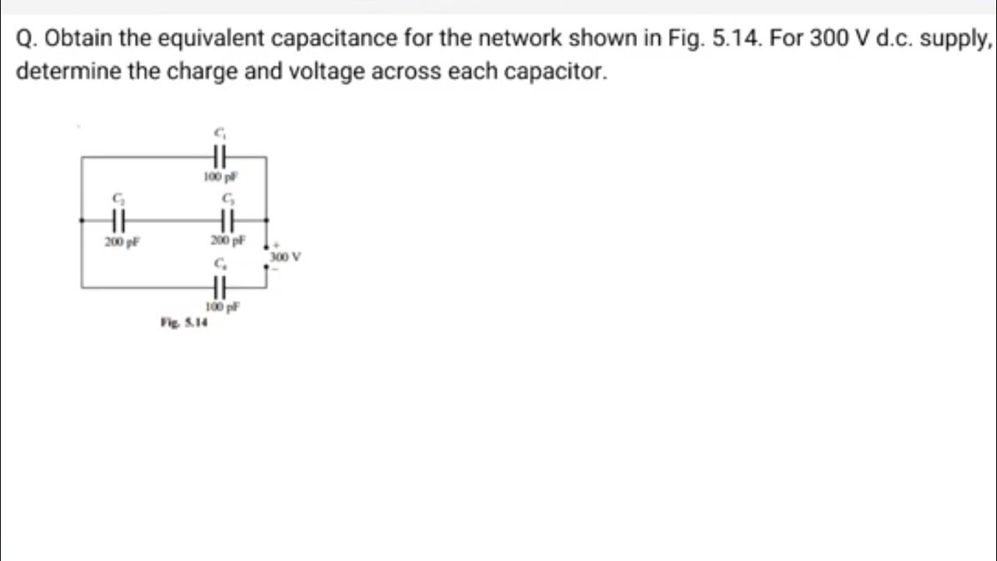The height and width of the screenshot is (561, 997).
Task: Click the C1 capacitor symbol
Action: pos(220,157)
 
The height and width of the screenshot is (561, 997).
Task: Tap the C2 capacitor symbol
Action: pos(118,221)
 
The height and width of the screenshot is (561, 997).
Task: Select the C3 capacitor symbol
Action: pos(227,221)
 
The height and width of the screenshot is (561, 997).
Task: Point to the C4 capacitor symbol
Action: pos(220,288)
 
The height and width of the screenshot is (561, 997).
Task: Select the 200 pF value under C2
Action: pos(122,242)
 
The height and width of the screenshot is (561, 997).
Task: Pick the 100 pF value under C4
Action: pos(223,307)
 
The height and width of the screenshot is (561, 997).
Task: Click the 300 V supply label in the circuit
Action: pos(285,256)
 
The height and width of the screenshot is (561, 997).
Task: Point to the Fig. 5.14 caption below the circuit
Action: pos(184,323)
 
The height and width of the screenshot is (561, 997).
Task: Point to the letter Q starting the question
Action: pos(25,39)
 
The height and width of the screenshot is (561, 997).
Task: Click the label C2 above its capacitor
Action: pos(118,198)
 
